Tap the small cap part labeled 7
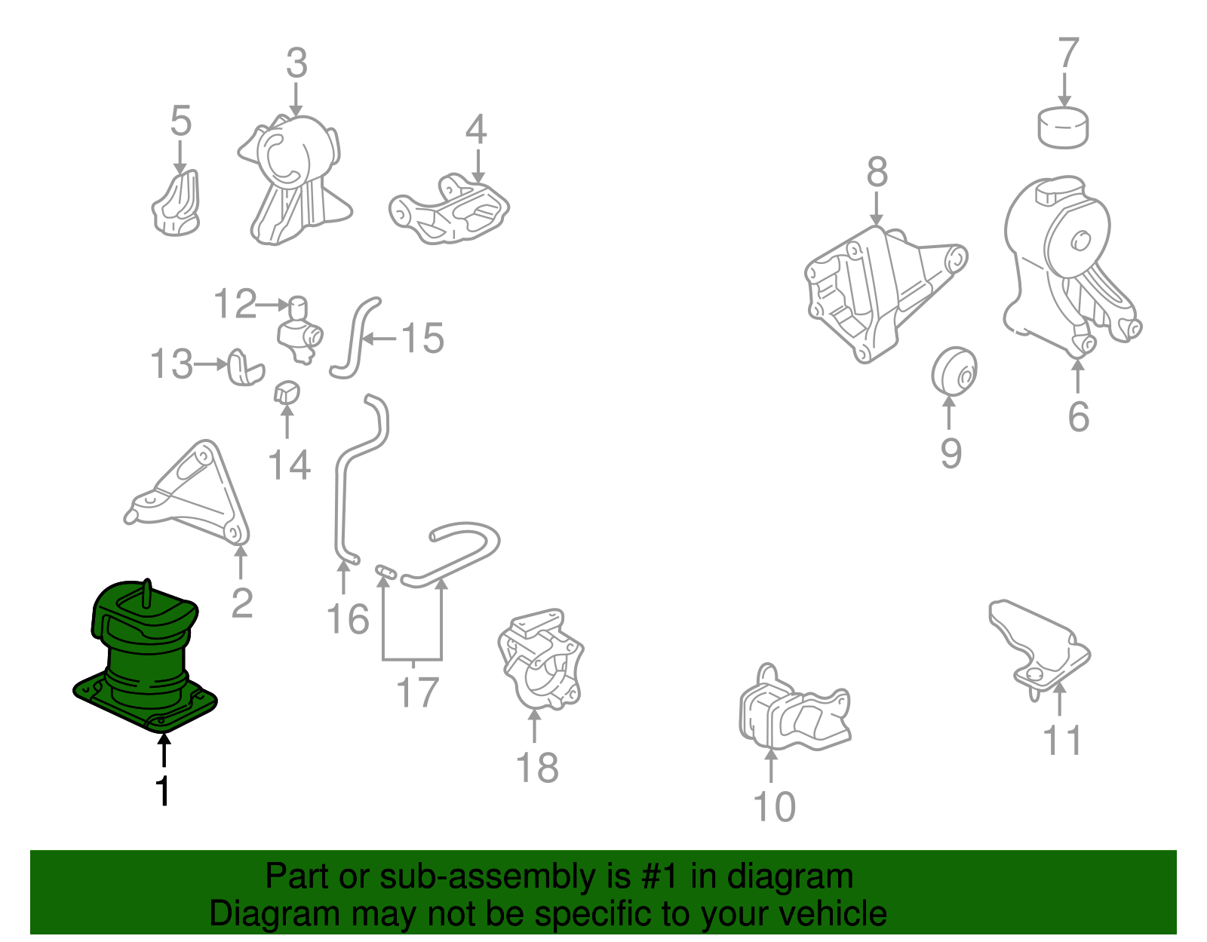(x=1063, y=128)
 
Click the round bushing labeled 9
(x=954, y=371)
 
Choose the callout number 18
(x=537, y=769)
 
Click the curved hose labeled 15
(x=355, y=339)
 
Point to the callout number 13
(x=172, y=364)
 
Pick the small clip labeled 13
(x=245, y=367)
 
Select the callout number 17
(x=417, y=692)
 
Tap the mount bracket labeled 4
(x=449, y=209)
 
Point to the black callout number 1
(x=163, y=791)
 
